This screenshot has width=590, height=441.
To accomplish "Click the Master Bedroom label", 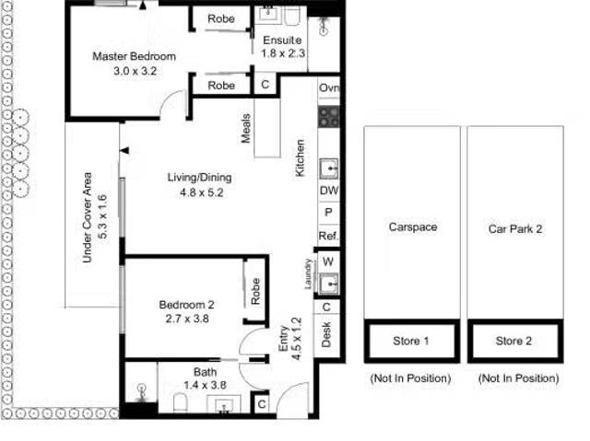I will (x=134, y=57).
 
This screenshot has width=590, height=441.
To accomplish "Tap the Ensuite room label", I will (x=282, y=41).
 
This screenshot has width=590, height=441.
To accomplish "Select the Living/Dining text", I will (x=199, y=178).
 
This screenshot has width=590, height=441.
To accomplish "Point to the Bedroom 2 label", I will (x=186, y=306).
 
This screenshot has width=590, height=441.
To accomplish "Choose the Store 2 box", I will (x=513, y=341).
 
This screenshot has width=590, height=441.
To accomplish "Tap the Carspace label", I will (x=412, y=227).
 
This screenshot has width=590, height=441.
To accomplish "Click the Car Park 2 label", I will (x=513, y=227).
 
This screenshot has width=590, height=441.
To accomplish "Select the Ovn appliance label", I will (x=329, y=88).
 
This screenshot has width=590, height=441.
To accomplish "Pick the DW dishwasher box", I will (x=329, y=191).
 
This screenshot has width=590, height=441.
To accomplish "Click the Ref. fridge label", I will (x=329, y=236).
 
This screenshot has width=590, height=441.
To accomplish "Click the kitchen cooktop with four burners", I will (x=329, y=116).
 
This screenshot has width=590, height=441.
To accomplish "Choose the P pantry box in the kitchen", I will (x=329, y=213).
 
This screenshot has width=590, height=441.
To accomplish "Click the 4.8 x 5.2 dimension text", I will (x=198, y=193).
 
